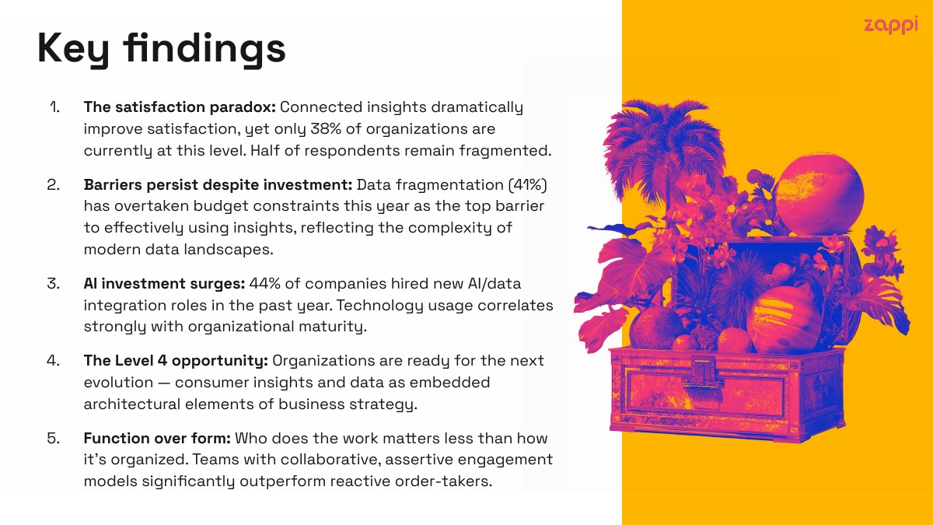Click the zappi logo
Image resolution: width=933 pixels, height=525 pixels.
890,26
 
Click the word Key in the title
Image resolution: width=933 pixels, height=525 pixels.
73,50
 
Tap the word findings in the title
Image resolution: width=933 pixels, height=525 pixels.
204,49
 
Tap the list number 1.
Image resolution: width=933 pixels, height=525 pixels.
54,107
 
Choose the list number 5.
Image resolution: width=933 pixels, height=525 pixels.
54,438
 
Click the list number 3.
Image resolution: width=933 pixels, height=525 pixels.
54,283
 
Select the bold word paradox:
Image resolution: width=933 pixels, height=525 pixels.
243,107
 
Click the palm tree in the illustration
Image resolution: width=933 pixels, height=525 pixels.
663,150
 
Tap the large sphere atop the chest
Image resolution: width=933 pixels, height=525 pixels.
819,194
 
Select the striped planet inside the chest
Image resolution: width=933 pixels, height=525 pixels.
784,320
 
